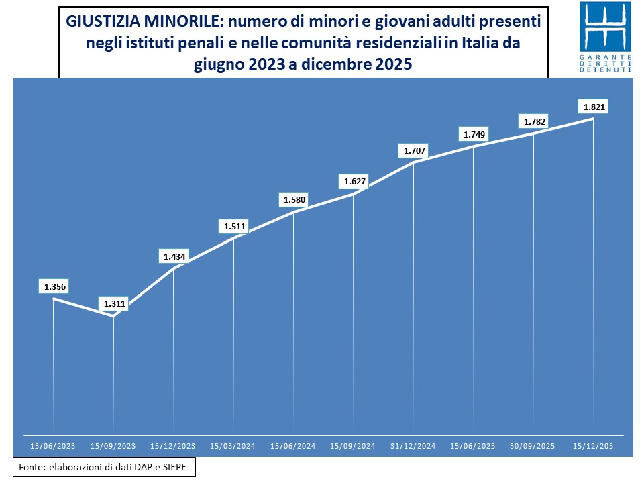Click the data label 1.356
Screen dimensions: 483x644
coord(54,287)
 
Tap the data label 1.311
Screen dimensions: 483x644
coord(113,305)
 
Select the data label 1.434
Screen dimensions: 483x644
coord(174,257)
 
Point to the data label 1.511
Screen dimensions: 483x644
coord(233,227)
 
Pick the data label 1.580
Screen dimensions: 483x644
coord(293,200)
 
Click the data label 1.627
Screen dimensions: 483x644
coord(354,182)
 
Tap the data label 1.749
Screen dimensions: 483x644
coord(474,135)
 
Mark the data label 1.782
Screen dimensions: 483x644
coord(533,122)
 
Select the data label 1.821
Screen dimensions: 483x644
coord(593,107)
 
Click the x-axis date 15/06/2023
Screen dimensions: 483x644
coord(54,445)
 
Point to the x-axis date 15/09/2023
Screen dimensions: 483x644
coord(113,445)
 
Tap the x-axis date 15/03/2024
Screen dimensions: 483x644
coord(233,445)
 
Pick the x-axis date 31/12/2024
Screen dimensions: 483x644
coord(413,445)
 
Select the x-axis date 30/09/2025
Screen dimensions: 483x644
coord(533,445)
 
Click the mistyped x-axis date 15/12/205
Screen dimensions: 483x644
coord(593,445)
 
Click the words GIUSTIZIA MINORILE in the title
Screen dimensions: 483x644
coord(142,21)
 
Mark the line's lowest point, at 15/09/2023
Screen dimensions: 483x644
coord(113,317)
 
